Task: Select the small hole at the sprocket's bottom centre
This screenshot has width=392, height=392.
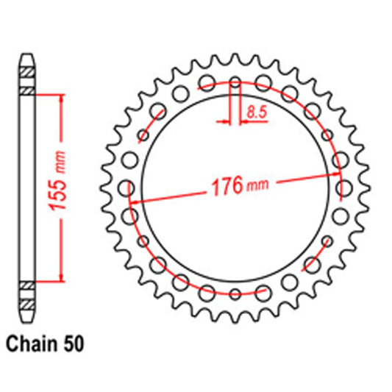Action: point(235,295)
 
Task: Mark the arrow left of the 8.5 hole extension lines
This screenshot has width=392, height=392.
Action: point(225,120)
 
